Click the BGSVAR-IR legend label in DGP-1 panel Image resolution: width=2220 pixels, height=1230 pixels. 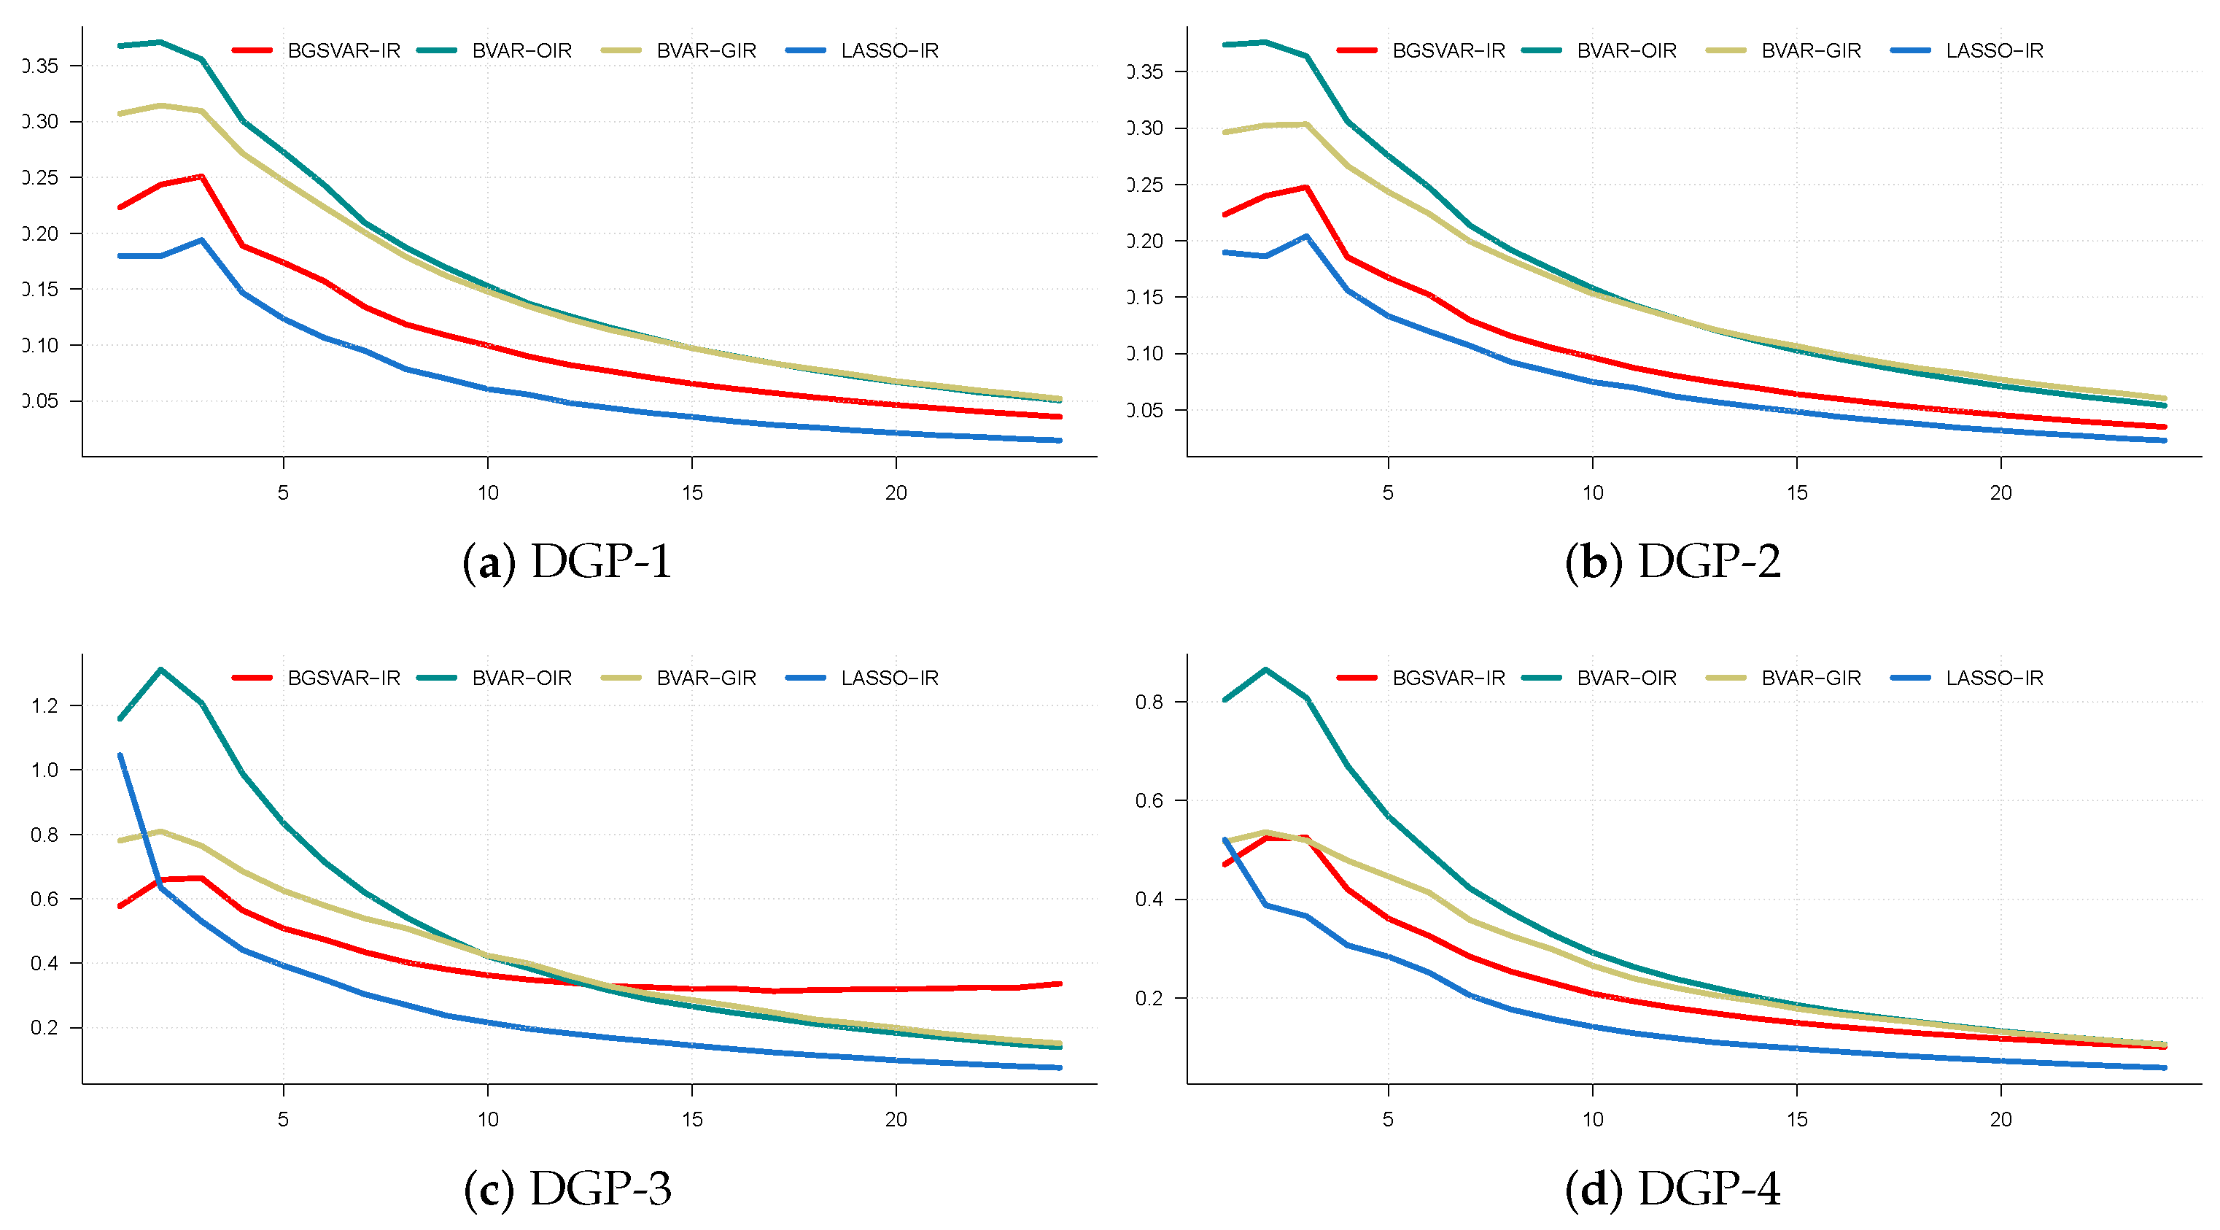click(344, 51)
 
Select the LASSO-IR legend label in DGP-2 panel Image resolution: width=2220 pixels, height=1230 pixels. click(1993, 51)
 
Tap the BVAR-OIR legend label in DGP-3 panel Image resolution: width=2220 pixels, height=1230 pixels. click(521, 678)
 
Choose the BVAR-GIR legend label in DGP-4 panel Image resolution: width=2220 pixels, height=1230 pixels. click(1811, 678)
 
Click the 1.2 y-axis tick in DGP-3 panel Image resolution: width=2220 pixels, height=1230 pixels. click(44, 706)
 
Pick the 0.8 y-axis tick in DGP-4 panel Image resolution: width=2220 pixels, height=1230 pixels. click(1149, 703)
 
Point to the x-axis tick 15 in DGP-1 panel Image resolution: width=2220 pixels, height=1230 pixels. click(692, 493)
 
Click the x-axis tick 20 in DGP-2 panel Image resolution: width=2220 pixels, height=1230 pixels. click(2000, 493)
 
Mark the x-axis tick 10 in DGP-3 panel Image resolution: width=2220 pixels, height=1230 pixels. click(488, 1120)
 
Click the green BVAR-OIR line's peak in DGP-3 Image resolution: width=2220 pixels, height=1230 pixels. click(161, 670)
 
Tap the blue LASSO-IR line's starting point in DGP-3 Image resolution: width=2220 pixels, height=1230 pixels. click(120, 755)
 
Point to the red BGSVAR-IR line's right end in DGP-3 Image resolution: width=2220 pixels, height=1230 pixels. click(1059, 983)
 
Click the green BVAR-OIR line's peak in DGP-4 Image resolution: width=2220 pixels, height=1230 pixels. click(1265, 670)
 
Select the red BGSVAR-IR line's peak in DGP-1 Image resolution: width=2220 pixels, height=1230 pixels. click(202, 177)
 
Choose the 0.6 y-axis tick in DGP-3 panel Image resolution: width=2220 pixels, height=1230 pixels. click(44, 899)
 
